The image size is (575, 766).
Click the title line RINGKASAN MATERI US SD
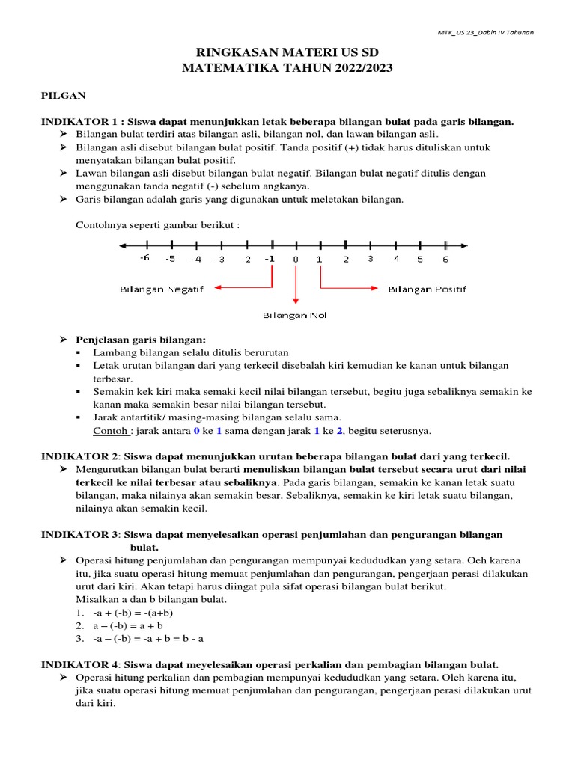(x=287, y=54)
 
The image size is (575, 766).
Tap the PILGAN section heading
(x=63, y=95)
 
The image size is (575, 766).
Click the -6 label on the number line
(x=145, y=259)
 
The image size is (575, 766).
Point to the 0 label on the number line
(x=296, y=259)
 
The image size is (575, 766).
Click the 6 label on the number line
(x=445, y=259)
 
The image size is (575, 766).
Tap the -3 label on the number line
(x=220, y=259)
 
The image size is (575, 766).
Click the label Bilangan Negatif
(x=162, y=289)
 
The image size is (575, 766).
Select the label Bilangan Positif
(x=427, y=289)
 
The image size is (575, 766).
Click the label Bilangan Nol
(x=295, y=315)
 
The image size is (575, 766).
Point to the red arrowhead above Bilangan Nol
(x=296, y=300)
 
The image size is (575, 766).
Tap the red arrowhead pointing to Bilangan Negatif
(x=216, y=287)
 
